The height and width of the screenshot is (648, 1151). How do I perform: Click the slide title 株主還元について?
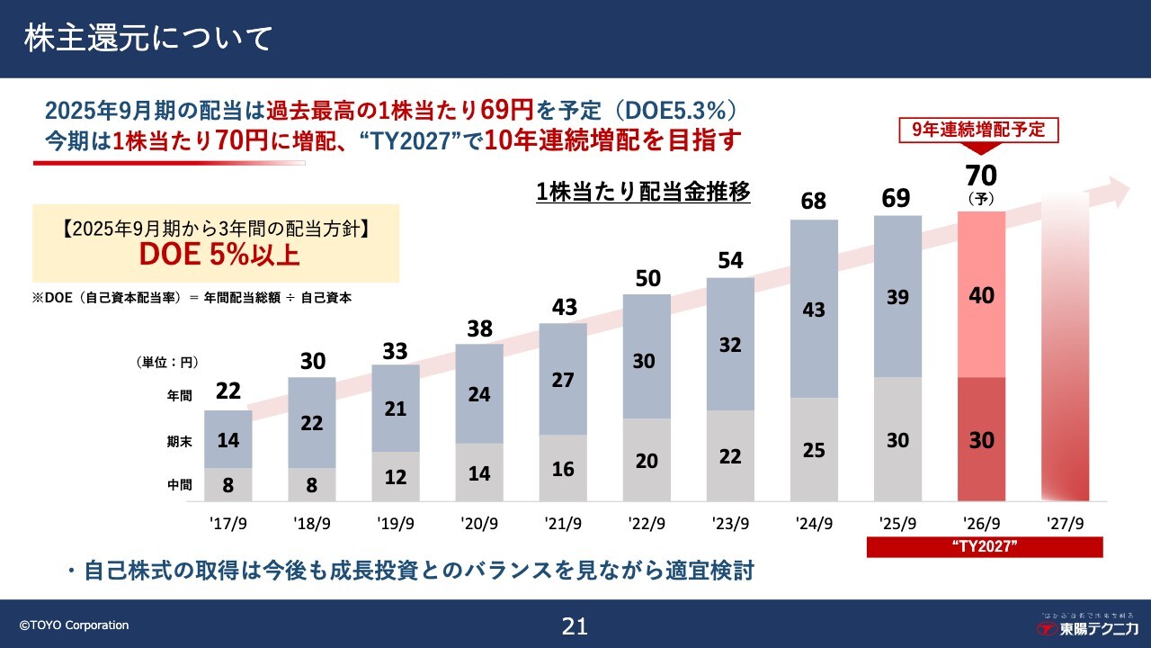click(x=148, y=39)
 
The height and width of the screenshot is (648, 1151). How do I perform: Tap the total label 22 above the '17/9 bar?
click(x=228, y=392)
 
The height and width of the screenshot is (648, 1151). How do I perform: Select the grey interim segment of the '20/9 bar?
click(x=479, y=472)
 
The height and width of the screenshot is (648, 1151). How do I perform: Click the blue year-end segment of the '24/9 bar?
click(x=814, y=309)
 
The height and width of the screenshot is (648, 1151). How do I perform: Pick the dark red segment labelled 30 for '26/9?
click(x=982, y=440)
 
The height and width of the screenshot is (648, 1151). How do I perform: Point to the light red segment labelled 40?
click(x=982, y=295)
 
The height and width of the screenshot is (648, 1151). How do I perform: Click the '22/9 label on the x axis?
click(x=647, y=523)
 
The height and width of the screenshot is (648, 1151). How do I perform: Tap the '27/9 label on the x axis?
click(x=1065, y=523)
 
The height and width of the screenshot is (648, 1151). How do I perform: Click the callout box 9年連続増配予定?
click(x=979, y=130)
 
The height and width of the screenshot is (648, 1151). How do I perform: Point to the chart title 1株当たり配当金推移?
click(x=643, y=193)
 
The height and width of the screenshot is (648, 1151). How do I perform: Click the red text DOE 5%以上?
click(x=219, y=254)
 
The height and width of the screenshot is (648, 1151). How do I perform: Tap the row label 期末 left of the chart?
click(x=179, y=440)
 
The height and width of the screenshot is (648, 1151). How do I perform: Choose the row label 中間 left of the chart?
click(x=179, y=485)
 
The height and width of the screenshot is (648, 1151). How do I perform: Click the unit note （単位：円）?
click(x=167, y=362)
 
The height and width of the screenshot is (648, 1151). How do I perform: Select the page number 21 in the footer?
click(x=575, y=626)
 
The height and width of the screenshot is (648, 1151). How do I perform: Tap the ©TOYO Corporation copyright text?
click(x=75, y=625)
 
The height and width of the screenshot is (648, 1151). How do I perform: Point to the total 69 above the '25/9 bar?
click(x=897, y=198)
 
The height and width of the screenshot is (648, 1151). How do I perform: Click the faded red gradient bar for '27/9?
click(x=1066, y=360)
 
